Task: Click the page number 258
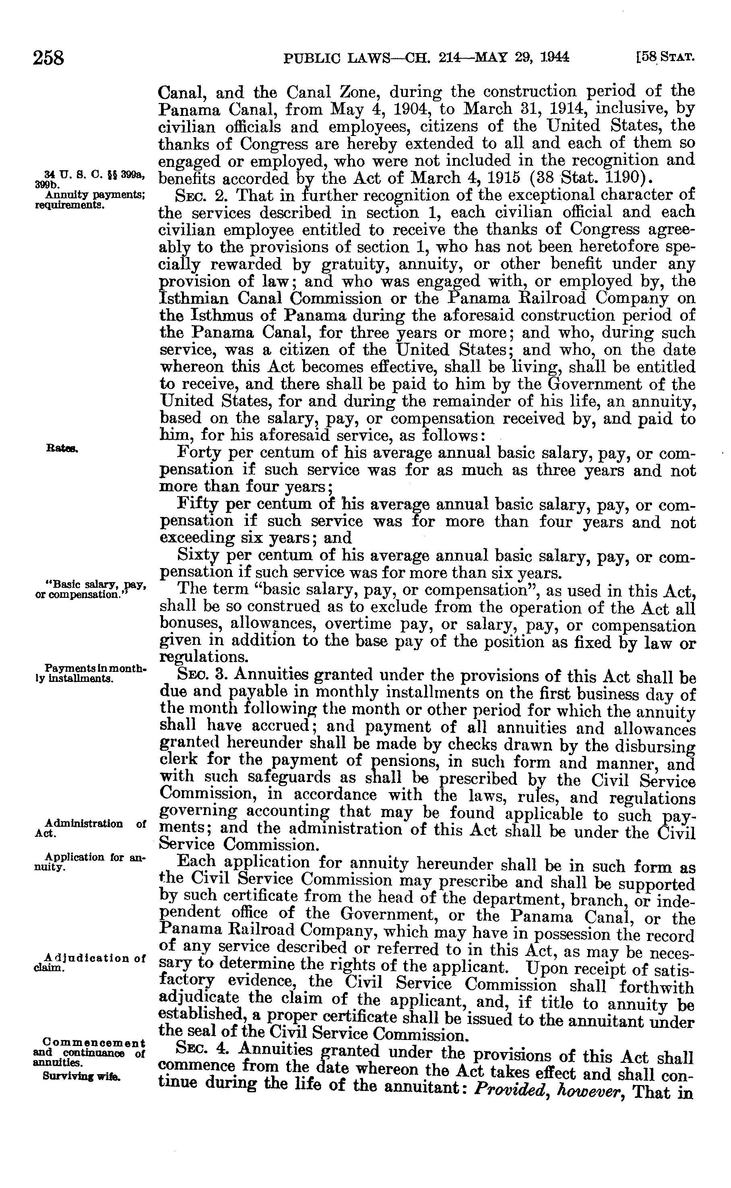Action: [48, 58]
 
